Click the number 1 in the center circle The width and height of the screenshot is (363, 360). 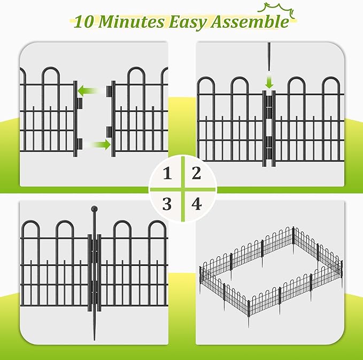168,174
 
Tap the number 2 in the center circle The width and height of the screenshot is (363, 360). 196,173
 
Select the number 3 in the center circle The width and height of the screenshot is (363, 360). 168,203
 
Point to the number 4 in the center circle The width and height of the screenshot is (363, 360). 197,203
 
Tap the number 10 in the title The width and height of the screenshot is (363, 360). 85,22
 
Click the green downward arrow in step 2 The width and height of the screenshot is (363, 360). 269,82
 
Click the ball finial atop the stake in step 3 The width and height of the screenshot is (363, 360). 95,209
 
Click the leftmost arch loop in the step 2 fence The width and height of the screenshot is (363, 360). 206,88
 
